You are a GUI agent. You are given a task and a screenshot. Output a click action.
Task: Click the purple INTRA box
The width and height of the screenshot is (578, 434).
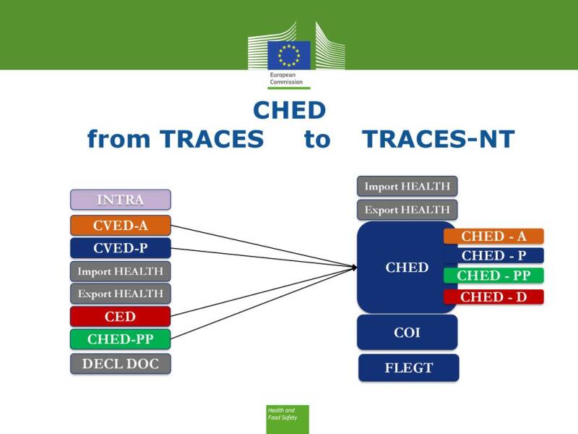121,200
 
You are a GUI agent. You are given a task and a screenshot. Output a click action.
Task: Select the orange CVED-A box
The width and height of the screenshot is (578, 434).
121,225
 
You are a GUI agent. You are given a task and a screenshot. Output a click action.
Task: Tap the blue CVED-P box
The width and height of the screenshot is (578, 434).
121,248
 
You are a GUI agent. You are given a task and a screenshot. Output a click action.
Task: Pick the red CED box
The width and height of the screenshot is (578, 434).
121,316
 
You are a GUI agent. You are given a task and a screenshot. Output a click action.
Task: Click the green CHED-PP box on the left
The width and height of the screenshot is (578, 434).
121,339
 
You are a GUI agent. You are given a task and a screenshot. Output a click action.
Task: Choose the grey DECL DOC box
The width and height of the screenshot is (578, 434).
121,363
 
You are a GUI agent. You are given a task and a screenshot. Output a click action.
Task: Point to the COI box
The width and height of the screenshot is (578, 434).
407,333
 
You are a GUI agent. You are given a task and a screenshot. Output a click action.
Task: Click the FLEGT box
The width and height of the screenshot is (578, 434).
408,367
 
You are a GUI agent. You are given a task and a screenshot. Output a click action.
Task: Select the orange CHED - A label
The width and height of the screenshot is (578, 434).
493,237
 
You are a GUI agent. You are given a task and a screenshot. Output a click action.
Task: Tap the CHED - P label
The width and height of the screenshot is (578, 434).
493,255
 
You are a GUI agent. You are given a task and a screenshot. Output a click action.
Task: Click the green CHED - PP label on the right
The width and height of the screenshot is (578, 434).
493,276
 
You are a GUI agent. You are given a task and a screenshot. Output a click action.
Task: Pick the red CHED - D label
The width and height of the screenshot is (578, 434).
493,297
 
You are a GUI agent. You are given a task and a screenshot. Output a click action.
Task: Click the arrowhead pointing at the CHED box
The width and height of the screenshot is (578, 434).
354,267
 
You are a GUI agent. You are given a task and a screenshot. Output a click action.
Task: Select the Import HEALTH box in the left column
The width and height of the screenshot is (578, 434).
121,271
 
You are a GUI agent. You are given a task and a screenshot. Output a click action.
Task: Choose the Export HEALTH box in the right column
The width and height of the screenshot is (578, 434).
407,210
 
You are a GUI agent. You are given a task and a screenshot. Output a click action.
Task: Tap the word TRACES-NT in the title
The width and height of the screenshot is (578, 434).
438,139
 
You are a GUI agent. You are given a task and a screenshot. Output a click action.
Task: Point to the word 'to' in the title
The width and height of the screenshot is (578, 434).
316,139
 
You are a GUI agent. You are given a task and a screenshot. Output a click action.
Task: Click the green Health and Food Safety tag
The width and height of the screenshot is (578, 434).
287,418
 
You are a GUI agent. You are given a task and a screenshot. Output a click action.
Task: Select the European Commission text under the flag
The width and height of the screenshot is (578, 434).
283,78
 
